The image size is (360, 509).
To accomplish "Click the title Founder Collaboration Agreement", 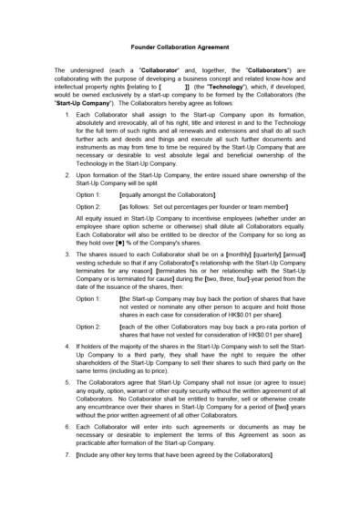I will click(180, 44).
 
